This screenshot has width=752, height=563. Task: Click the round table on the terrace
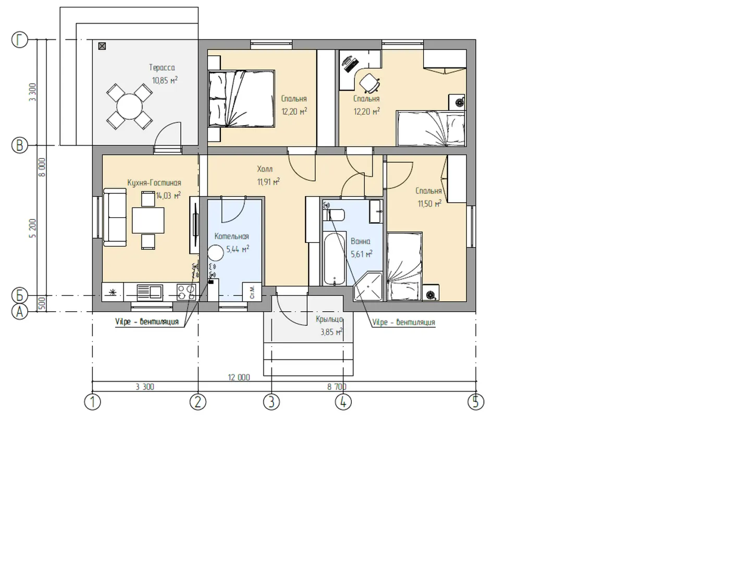pyautogui.click(x=129, y=106)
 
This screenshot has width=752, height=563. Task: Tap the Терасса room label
pyautogui.click(x=162, y=67)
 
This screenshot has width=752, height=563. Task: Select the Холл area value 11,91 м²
pyautogui.click(x=268, y=181)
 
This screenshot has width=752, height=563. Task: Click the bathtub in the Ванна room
pyautogui.click(x=334, y=259)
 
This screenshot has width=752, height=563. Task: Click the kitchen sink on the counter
pyautogui.click(x=150, y=292)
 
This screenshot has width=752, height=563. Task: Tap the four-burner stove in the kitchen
pyautogui.click(x=187, y=292)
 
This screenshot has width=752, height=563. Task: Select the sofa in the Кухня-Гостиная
pyautogui.click(x=115, y=217)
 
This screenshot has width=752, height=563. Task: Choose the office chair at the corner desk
pyautogui.click(x=369, y=83)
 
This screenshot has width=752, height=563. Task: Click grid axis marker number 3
pyautogui.click(x=272, y=402)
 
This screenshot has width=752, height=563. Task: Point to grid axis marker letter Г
pyautogui.click(x=19, y=40)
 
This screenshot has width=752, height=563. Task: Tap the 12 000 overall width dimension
pyautogui.click(x=239, y=377)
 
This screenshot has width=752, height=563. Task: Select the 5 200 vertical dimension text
pyautogui.click(x=33, y=228)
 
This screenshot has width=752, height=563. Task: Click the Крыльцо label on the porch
pyautogui.click(x=329, y=320)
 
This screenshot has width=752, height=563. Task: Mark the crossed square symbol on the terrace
pyautogui.click(x=102, y=46)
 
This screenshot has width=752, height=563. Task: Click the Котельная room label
pyautogui.click(x=231, y=236)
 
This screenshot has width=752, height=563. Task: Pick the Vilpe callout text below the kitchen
pyautogui.click(x=146, y=322)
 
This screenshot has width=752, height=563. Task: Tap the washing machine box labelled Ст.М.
pyautogui.click(x=252, y=291)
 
